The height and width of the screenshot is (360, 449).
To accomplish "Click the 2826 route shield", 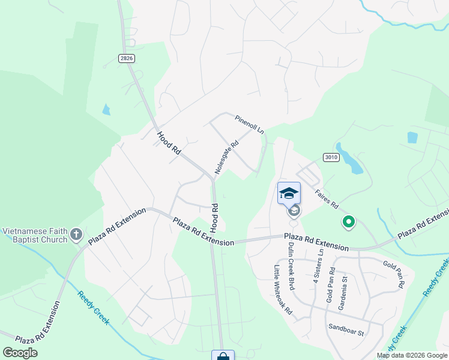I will tap(126, 58).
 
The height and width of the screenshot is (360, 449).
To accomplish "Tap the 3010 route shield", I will tap(331, 158).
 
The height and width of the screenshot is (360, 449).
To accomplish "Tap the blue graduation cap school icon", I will tap(289, 193).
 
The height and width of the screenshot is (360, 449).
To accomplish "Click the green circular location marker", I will tap(348, 223).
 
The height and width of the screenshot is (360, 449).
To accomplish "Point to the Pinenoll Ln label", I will tap(249, 124).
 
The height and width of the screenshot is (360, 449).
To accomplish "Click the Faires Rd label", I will tap(327, 199).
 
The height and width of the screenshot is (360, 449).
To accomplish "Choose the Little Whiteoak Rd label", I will tap(283, 290).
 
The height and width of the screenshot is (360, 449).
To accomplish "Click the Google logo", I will tap(20, 353).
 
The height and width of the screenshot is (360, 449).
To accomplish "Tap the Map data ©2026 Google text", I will tap(412, 355).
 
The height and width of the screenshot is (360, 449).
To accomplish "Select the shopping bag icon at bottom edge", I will tap(223, 356).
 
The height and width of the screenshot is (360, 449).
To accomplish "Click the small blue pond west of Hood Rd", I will tap(106, 109).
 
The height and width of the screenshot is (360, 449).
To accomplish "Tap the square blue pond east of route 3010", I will tap(412, 137).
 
